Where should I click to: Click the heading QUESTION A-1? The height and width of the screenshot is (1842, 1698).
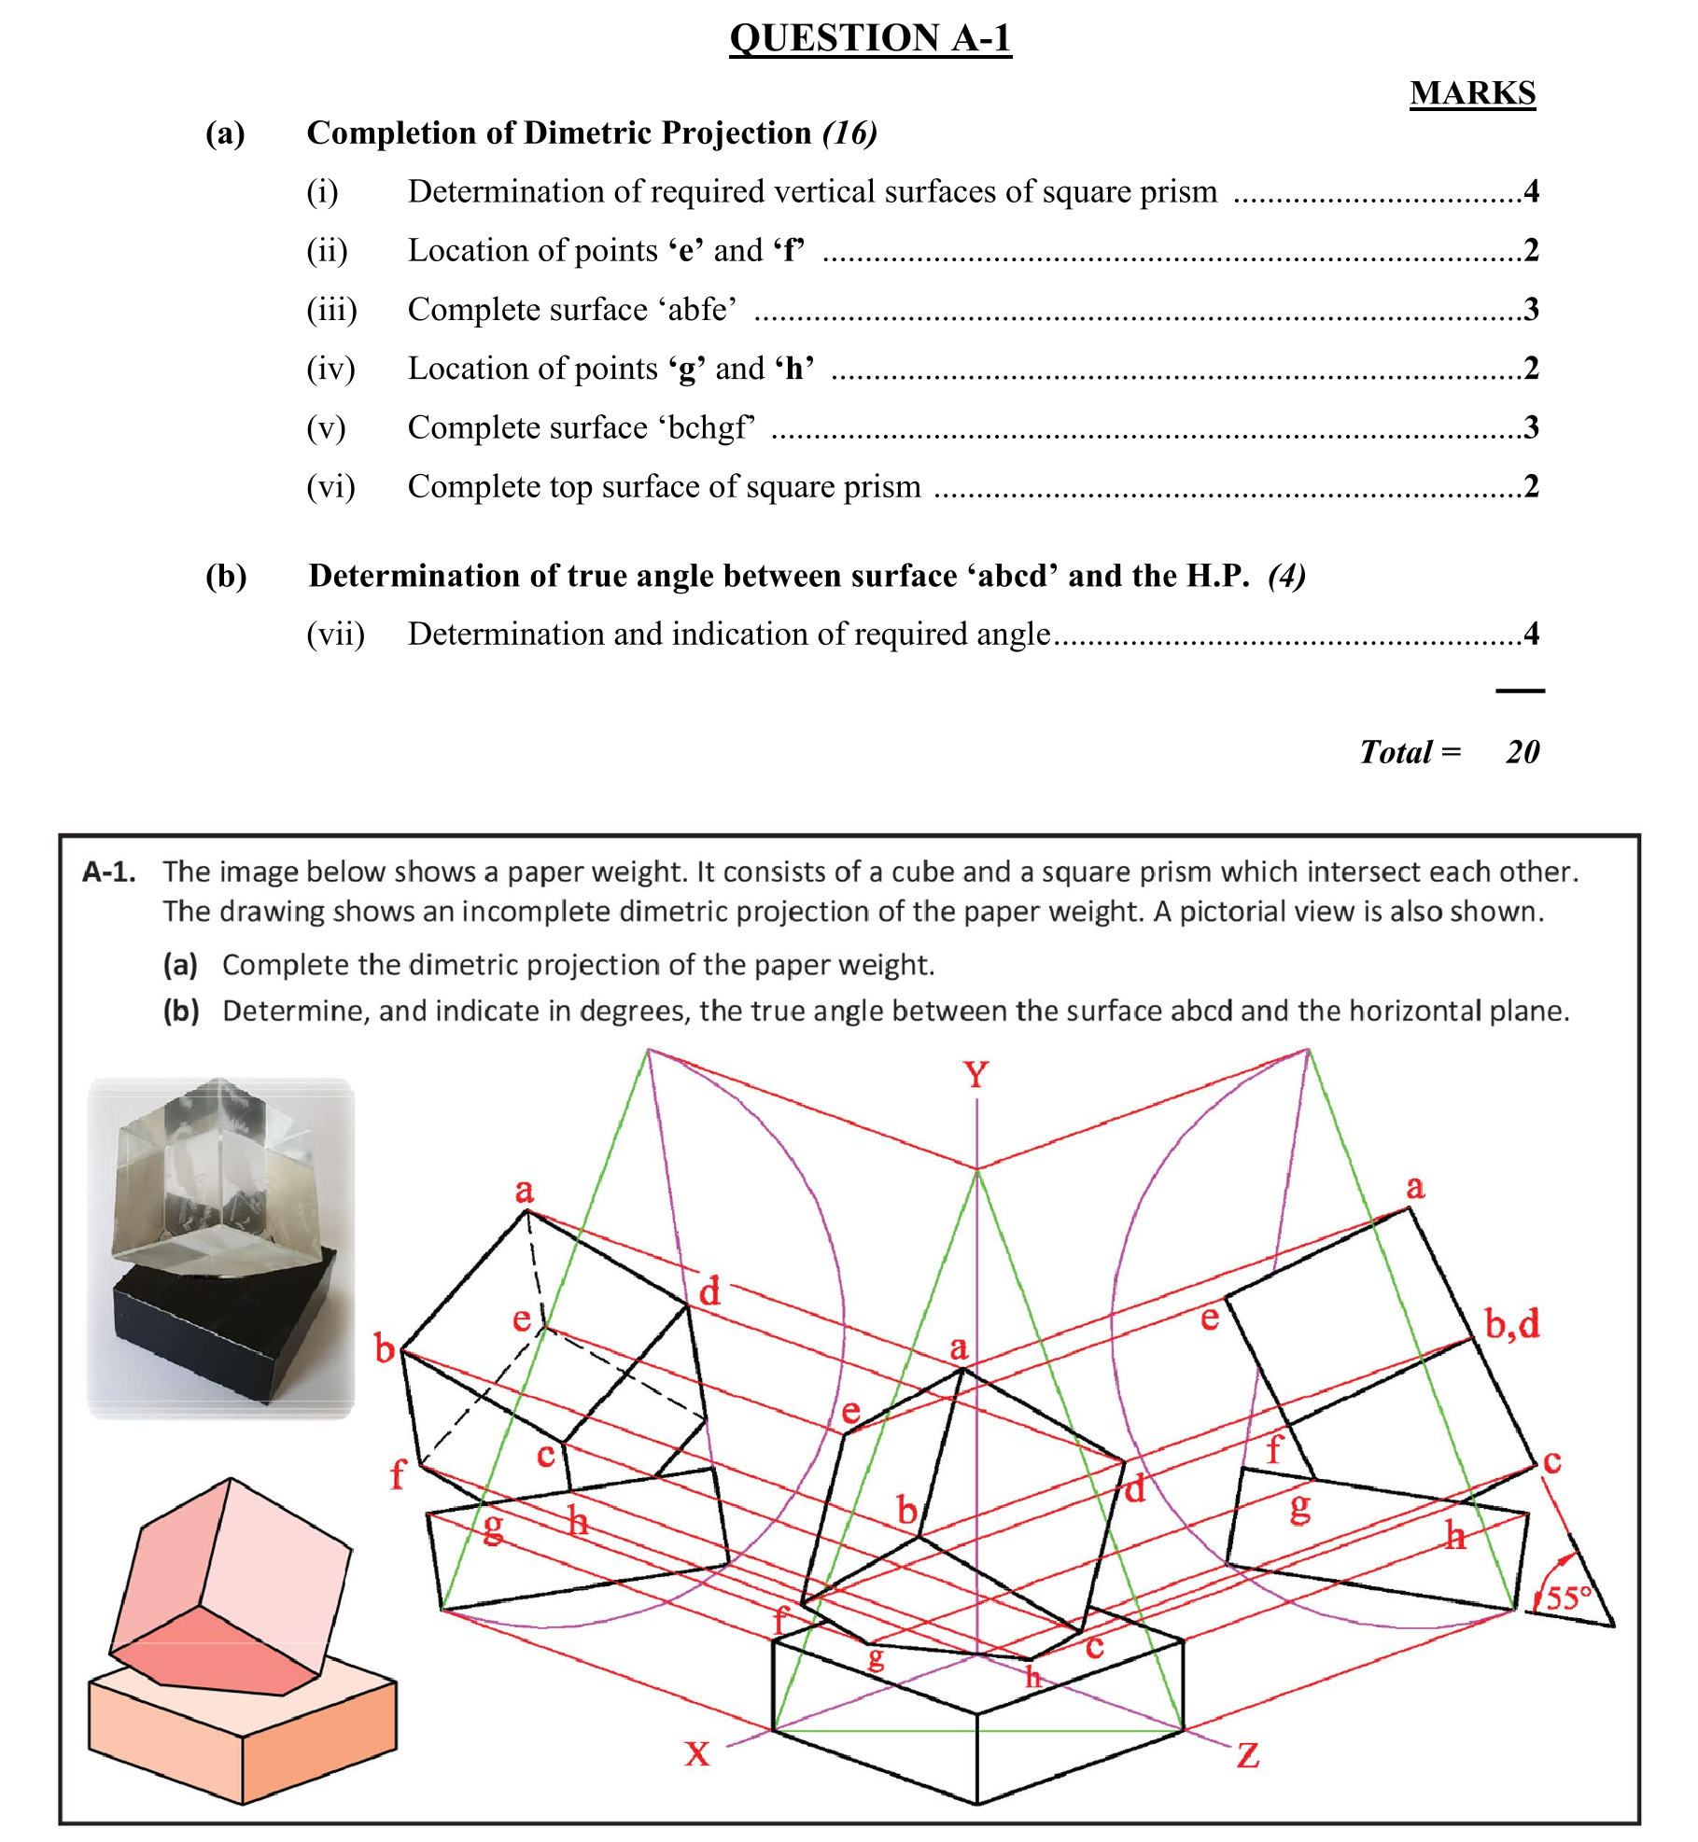(869, 38)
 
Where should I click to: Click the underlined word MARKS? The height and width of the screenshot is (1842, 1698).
(1471, 93)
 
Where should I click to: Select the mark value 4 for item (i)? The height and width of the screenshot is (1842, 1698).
(1531, 191)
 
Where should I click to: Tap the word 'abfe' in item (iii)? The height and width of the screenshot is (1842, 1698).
(701, 309)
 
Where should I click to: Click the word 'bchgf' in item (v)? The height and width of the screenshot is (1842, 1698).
(707, 427)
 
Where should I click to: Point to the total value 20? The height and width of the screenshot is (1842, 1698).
(1522, 752)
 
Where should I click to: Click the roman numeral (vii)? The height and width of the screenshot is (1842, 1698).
(335, 635)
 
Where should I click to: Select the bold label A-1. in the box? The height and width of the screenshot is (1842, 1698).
(109, 872)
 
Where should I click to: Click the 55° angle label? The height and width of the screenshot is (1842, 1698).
(1568, 1598)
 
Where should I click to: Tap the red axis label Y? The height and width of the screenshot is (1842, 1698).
(975, 1075)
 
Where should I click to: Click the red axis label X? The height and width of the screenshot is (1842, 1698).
(696, 1753)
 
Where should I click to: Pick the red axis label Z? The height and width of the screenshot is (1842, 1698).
(1248, 1755)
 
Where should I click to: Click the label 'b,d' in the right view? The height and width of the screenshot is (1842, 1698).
(1511, 1323)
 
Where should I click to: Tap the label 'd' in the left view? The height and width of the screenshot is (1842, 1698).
(709, 1292)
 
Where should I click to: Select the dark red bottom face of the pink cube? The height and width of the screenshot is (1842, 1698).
(224, 1652)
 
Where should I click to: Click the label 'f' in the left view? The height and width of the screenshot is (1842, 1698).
(398, 1474)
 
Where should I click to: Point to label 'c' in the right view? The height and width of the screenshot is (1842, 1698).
(1551, 1460)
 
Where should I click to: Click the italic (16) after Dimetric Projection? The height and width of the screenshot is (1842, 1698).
(849, 133)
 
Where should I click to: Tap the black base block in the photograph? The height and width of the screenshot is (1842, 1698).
(233, 1325)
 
